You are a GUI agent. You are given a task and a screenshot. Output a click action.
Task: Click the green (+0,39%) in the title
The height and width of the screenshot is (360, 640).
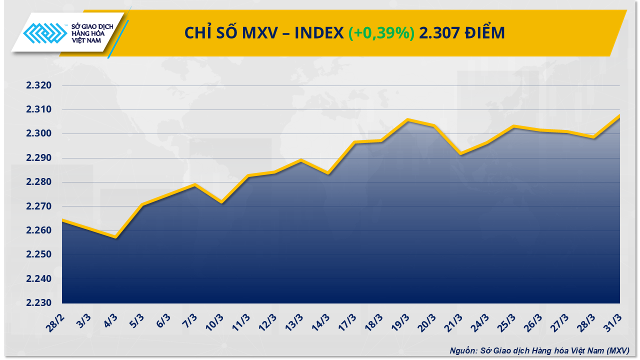tap(381, 33)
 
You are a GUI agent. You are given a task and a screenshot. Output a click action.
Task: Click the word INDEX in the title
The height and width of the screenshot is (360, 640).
tap(318, 33)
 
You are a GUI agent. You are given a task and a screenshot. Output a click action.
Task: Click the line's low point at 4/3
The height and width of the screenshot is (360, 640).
tap(115, 237)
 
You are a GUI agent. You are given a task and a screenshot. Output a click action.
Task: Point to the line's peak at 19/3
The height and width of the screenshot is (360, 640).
tap(407, 120)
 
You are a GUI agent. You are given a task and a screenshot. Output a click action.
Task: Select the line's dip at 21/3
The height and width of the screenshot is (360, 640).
tap(460, 153)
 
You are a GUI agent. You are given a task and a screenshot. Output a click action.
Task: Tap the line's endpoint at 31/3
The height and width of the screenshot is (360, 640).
tap(619, 115)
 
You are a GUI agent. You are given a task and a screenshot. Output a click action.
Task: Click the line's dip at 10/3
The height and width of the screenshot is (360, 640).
tap(221, 202)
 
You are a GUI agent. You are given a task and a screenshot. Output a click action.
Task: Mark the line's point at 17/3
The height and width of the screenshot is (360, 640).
tap(354, 142)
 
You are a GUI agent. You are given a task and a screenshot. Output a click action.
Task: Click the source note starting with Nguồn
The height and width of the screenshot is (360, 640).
tap(538, 350)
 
